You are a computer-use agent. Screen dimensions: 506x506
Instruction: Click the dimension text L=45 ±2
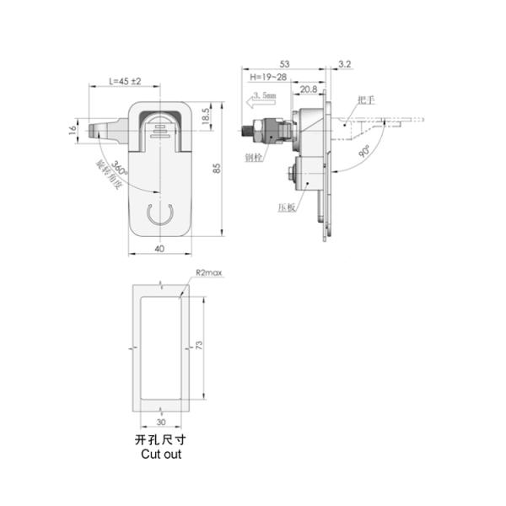point(125,81)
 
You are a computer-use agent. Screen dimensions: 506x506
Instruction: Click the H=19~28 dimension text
point(267,77)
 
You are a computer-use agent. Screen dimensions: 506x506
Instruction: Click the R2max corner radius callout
point(207,273)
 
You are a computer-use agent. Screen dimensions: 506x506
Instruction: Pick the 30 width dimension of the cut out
point(160,424)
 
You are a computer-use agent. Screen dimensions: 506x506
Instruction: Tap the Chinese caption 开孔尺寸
point(158,440)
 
